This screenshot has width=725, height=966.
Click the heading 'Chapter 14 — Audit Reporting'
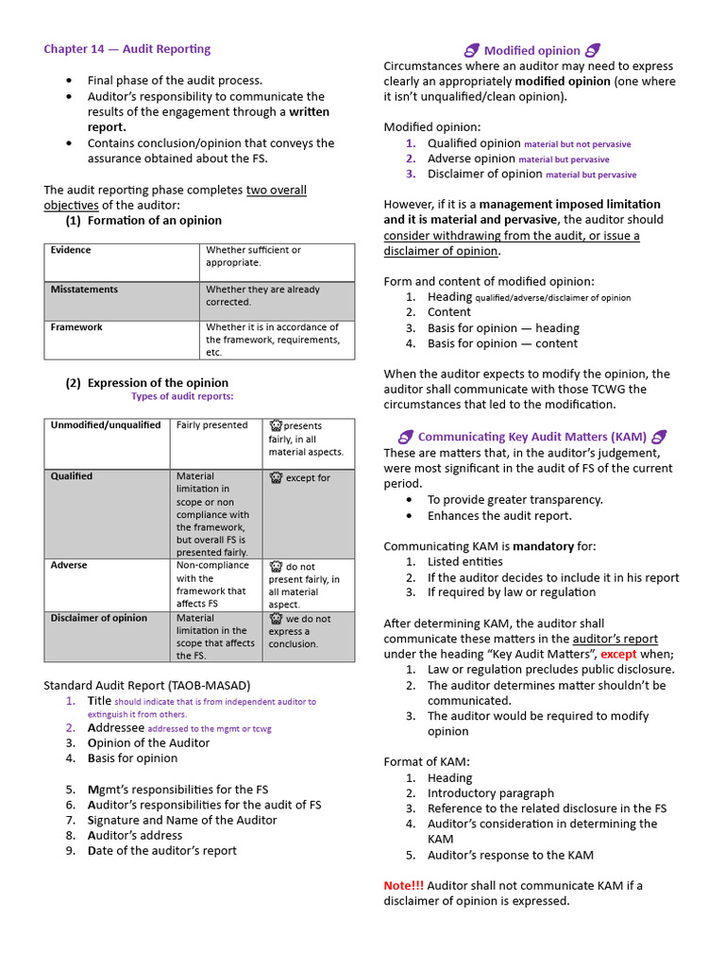click(x=126, y=49)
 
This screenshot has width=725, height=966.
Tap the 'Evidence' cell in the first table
click(x=71, y=250)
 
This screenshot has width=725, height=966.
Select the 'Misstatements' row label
click(x=85, y=290)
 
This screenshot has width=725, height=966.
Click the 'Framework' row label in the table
click(x=76, y=327)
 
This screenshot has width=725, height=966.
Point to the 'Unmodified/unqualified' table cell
click(x=106, y=425)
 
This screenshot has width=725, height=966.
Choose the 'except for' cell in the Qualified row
click(x=307, y=478)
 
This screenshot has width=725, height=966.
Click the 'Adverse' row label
click(x=69, y=565)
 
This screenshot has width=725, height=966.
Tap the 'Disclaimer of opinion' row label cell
click(x=98, y=618)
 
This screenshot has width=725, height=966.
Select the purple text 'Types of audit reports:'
click(x=182, y=396)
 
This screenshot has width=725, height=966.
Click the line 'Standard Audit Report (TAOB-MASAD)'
click(x=147, y=685)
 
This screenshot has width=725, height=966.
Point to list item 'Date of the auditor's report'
click(x=161, y=850)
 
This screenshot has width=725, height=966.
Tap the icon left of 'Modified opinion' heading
click(x=472, y=50)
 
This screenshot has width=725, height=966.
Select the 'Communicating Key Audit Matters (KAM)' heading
click(x=532, y=437)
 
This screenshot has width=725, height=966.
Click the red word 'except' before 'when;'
click(x=618, y=654)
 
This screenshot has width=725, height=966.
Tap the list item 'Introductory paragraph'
click(x=491, y=793)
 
